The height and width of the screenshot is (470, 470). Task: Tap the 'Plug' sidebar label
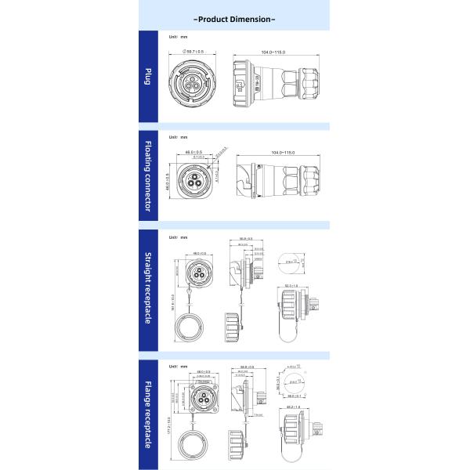point(148,76)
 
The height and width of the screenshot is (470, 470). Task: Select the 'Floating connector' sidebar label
point(148,177)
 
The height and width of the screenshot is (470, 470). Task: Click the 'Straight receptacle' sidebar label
point(148,288)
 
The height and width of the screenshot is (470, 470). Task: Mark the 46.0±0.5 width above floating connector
point(193,152)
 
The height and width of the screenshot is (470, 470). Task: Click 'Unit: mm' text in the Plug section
point(179,37)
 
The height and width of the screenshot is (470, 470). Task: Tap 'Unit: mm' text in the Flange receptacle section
point(179,366)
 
